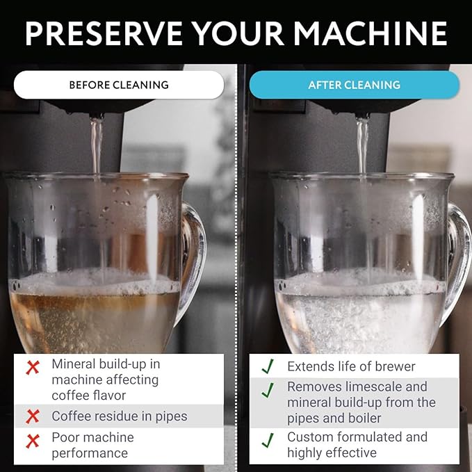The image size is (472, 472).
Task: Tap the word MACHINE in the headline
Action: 371,33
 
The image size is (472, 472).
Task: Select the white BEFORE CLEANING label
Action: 119,85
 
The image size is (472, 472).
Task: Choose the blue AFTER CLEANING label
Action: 355,85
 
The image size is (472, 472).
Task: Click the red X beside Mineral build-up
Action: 33,368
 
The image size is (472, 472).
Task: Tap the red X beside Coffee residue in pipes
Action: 33,416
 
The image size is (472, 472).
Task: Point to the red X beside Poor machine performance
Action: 33,441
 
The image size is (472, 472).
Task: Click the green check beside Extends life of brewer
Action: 268,366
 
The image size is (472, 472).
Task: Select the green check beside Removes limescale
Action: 268,390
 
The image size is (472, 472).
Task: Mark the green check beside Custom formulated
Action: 268,441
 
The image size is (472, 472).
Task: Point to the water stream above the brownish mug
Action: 97,145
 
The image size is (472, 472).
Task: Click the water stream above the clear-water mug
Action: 362,145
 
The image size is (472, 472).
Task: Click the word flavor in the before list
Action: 107,396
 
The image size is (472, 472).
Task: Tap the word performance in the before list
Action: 90,453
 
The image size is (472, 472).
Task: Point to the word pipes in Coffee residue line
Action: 171,417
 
